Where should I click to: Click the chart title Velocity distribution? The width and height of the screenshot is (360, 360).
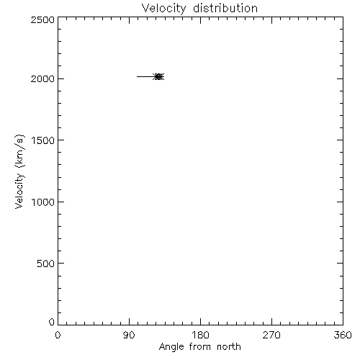(x=199, y=9)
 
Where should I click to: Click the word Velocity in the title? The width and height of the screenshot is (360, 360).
(x=163, y=9)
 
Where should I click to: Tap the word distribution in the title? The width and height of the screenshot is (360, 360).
(x=225, y=8)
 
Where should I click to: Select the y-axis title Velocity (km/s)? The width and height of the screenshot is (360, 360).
(x=19, y=171)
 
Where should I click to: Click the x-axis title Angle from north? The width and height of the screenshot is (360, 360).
(x=199, y=347)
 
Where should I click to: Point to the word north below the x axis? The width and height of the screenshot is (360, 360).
(x=229, y=346)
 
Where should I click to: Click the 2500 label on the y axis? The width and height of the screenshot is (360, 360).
(x=42, y=19)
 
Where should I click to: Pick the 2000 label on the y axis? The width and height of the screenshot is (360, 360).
(x=42, y=78)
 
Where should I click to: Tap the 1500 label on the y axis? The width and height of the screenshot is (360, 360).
(x=43, y=140)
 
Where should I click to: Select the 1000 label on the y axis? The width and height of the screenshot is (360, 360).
(x=43, y=202)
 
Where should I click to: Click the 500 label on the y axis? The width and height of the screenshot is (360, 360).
(x=46, y=264)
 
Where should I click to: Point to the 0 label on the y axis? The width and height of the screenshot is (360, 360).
(x=52, y=322)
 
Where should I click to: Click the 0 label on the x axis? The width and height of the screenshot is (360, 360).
(x=58, y=335)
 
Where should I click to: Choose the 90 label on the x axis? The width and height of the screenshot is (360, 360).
(x=129, y=335)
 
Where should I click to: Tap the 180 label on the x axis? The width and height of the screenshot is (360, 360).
(x=200, y=335)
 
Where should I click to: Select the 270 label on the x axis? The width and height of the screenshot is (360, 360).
(x=271, y=335)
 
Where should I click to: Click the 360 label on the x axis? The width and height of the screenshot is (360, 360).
(x=343, y=335)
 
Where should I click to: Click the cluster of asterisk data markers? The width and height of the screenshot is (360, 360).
(x=158, y=77)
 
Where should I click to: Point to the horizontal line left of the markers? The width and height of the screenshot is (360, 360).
(x=145, y=77)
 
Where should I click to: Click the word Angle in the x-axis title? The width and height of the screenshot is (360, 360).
(x=171, y=347)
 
